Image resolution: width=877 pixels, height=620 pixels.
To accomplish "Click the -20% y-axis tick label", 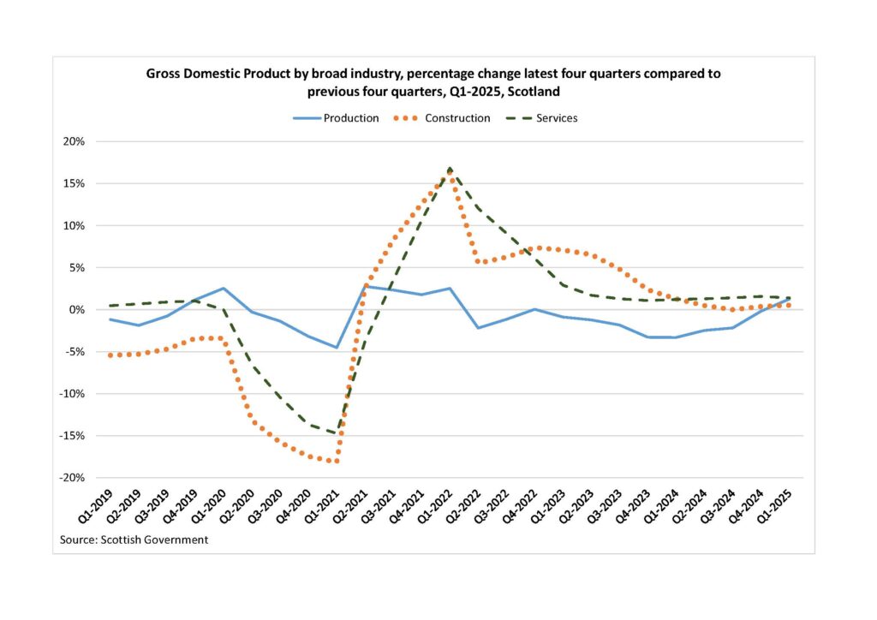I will click(x=71, y=478).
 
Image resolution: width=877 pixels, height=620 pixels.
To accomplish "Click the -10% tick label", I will click(x=71, y=394).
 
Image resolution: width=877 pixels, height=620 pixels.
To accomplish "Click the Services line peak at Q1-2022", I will click(x=450, y=168).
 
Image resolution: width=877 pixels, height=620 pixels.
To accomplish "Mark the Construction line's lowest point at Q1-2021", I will click(x=337, y=462).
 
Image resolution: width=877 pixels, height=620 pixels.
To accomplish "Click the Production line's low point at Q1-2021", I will click(x=337, y=348).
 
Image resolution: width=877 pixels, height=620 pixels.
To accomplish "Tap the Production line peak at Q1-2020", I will click(x=223, y=289).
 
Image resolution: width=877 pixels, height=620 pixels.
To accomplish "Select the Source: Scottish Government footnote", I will click(x=134, y=540).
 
